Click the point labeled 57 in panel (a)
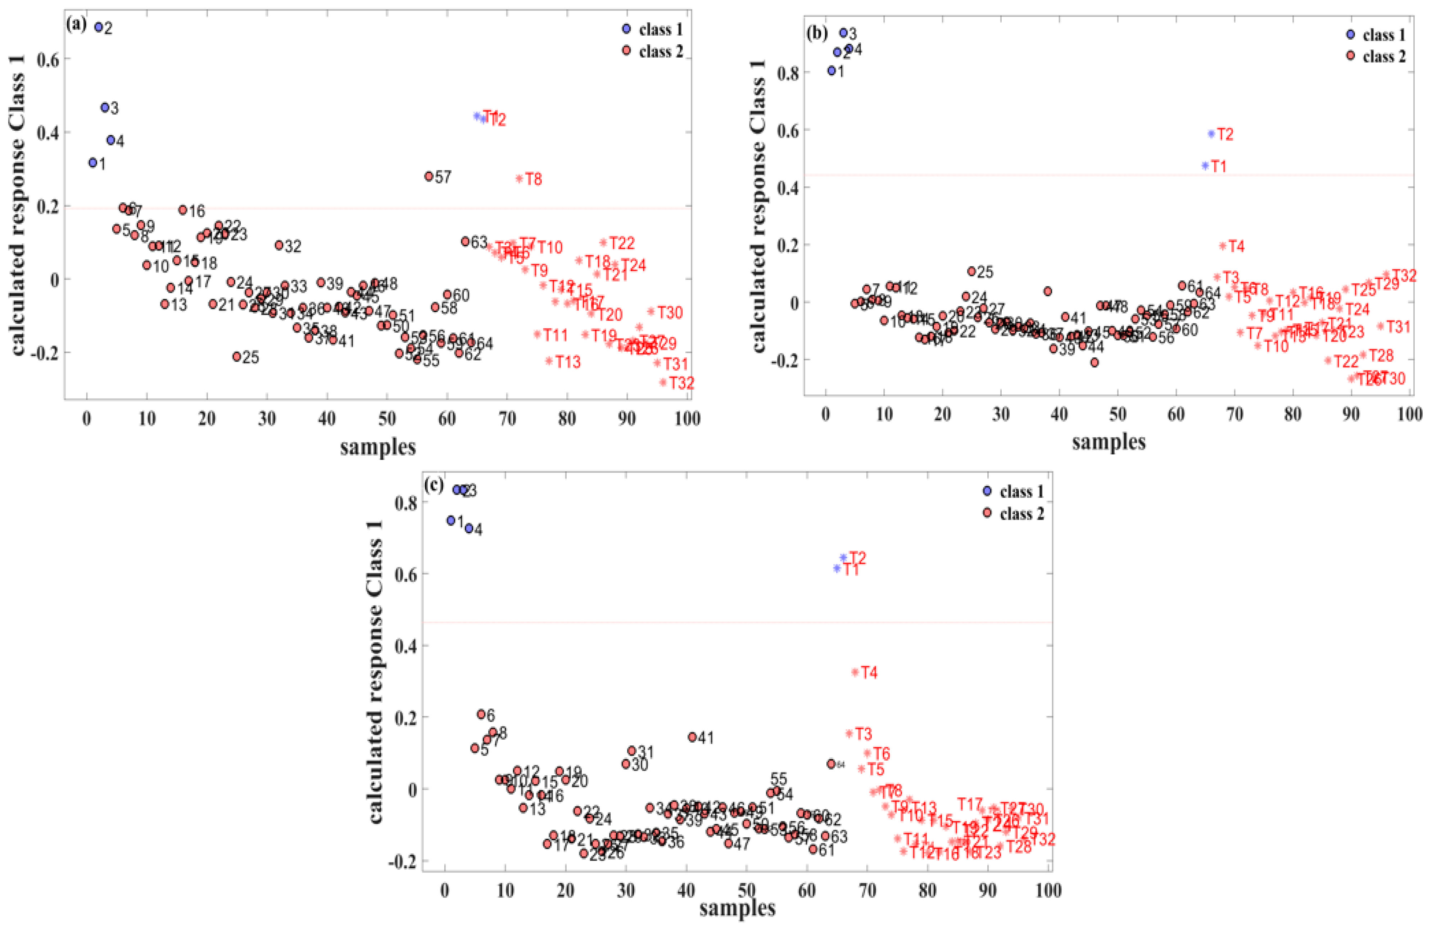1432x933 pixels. [x=429, y=176]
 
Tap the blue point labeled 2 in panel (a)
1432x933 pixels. [x=99, y=27]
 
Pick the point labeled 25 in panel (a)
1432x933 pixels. [x=236, y=356]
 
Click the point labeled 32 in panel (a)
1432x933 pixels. [x=278, y=245]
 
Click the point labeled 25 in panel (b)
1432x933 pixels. [x=971, y=271]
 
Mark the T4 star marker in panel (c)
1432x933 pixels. [x=855, y=672]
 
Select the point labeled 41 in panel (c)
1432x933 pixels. [x=692, y=737]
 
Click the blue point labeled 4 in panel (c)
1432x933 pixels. [x=469, y=528]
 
